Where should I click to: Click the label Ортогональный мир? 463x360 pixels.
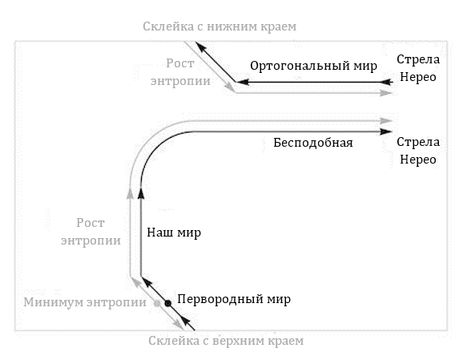(313, 66)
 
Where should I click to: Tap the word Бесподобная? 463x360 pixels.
(313, 143)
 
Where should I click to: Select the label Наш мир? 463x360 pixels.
(174, 233)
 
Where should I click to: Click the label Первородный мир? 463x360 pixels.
(234, 299)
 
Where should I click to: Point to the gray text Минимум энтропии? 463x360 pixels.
(85, 302)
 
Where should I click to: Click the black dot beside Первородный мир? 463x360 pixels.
(167, 303)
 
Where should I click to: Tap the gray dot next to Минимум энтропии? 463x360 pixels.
(157, 303)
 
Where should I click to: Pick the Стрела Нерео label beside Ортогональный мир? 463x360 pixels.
(418, 68)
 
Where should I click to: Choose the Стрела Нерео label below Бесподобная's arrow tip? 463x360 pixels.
(418, 151)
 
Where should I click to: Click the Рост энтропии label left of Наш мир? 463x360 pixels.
(91, 232)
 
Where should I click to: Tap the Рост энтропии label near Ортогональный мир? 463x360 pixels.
(180, 72)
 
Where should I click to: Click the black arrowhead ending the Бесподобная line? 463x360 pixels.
(386, 131)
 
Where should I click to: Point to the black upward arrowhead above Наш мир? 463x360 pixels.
(141, 193)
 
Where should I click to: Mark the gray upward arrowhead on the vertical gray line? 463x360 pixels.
(130, 193)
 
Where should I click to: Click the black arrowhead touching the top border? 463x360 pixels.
(200, 47)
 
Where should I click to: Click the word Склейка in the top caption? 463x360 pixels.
(168, 26)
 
